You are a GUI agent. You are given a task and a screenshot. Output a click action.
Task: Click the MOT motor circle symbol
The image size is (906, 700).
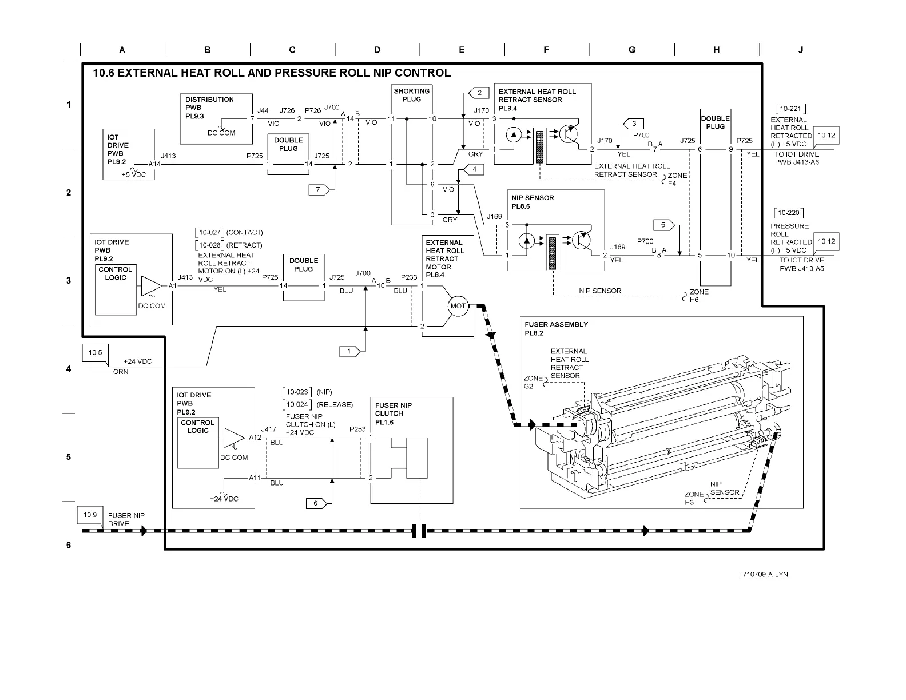click(458, 305)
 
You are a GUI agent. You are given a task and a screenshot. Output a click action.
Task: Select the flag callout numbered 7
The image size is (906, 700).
click(319, 190)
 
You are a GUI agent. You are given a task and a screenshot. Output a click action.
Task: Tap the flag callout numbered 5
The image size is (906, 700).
click(664, 225)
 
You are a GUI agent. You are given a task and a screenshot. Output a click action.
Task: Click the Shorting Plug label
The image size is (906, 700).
click(411, 95)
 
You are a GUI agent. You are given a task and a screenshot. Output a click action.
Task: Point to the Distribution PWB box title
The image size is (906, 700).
click(209, 108)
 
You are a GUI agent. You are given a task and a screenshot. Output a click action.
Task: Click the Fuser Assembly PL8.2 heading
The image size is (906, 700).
click(556, 328)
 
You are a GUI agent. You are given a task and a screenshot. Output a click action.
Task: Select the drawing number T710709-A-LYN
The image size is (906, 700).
click(763, 574)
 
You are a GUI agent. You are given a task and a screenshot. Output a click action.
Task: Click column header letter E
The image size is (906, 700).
click(462, 50)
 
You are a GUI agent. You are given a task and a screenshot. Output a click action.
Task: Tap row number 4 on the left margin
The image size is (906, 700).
click(69, 369)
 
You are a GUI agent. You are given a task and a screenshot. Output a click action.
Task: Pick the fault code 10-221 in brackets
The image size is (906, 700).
click(790, 109)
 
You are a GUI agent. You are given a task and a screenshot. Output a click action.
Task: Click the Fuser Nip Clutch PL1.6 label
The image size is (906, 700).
click(394, 413)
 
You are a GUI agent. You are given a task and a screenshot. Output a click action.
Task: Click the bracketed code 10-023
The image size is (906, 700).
click(297, 392)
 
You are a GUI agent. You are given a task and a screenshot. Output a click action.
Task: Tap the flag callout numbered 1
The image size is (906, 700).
click(350, 352)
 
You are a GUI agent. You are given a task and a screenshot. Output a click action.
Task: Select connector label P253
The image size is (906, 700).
click(357, 429)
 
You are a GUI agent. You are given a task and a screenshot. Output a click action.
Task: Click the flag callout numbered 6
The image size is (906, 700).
click(316, 503)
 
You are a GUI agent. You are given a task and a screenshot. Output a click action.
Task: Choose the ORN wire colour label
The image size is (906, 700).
click(121, 372)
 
